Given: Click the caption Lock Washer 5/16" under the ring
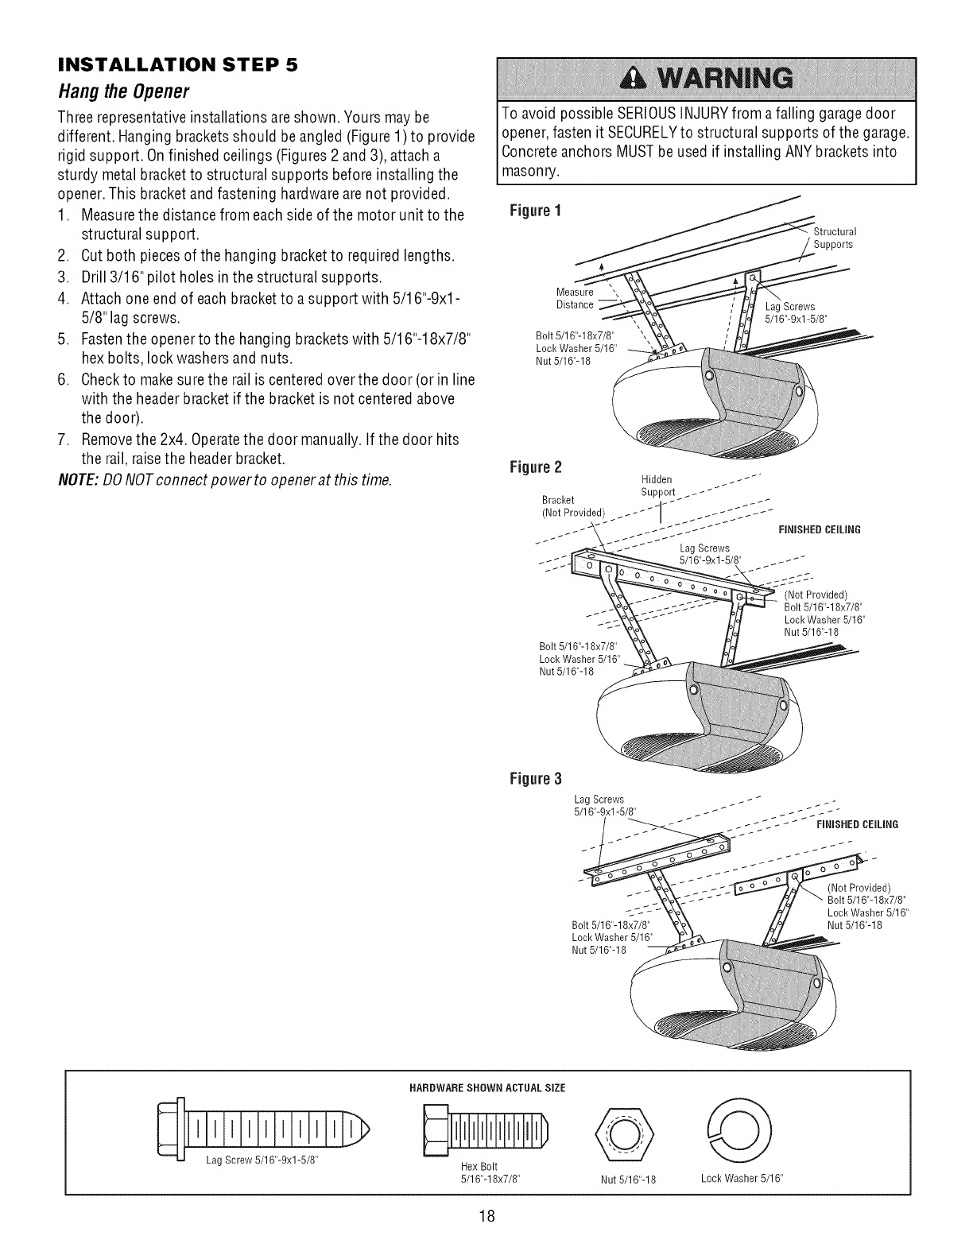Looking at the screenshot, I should point(737,1177).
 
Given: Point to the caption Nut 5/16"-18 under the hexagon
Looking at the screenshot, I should point(628,1178).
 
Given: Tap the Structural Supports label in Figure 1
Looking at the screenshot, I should point(832,238).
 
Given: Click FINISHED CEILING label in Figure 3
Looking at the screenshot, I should point(857,824).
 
